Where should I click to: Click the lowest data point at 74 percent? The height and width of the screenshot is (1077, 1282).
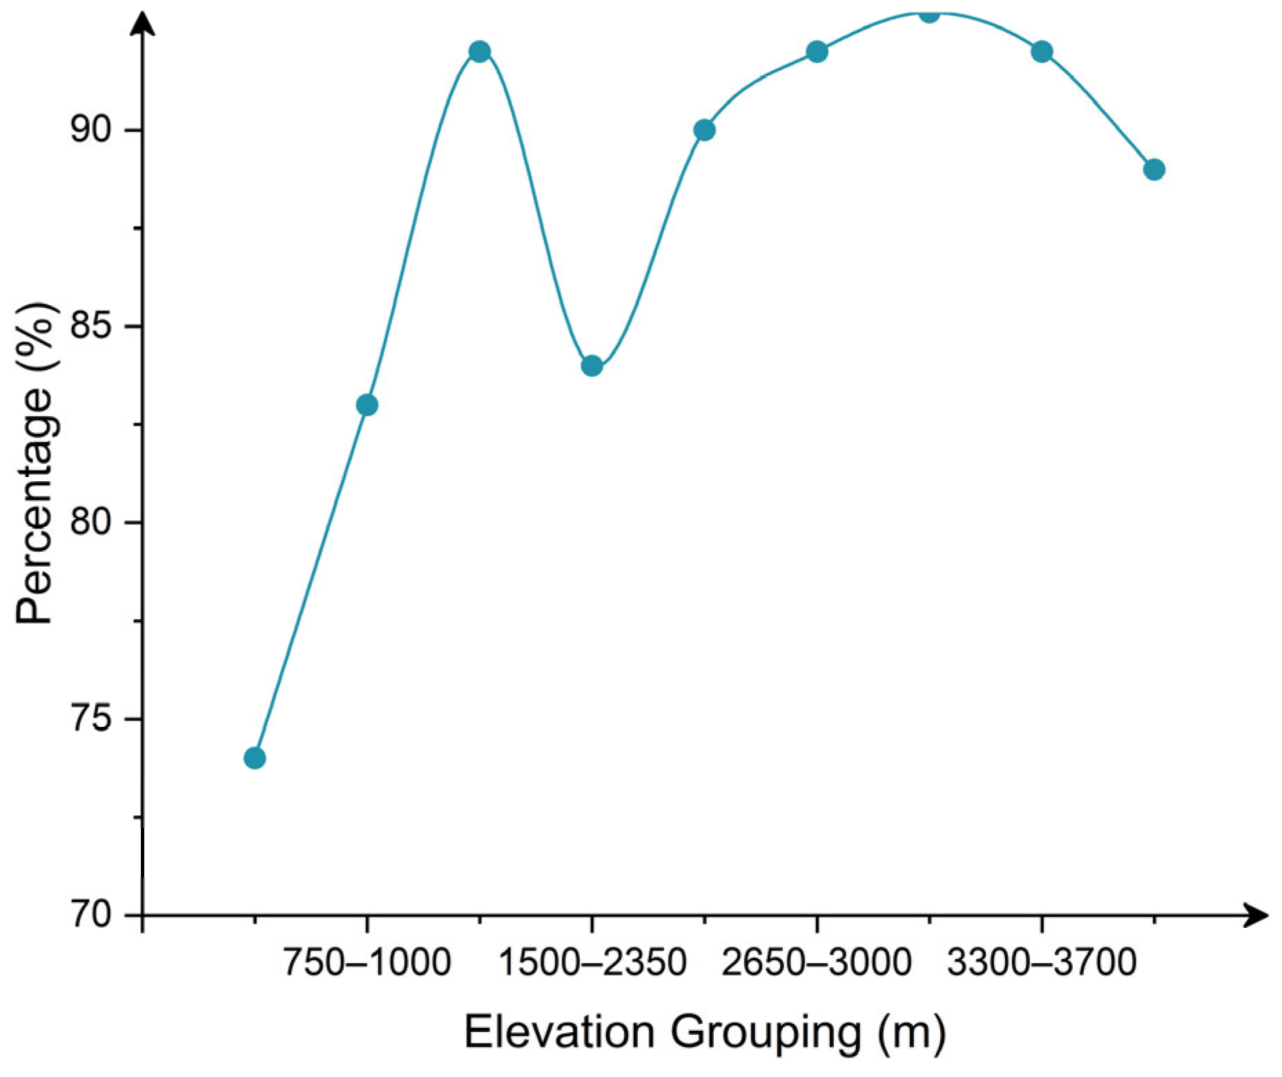coord(255,758)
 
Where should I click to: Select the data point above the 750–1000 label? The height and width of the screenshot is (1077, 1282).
coord(367,405)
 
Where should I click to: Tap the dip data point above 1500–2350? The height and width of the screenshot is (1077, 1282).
coord(592,366)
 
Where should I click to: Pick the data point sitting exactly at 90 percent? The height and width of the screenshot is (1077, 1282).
coord(704,130)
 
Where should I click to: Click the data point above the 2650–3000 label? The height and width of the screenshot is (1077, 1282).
coord(817,52)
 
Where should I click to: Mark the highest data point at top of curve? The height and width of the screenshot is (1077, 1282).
coord(929,14)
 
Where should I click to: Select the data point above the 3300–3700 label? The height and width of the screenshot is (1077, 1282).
coord(1042,52)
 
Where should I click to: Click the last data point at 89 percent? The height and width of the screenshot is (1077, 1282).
coord(1154,169)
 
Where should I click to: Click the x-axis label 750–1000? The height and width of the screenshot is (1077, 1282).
coord(367,962)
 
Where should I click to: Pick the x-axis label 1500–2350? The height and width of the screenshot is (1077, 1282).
coord(592,962)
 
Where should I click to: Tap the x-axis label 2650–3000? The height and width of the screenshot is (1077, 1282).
coord(817,962)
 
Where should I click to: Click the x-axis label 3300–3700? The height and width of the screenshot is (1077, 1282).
coord(1042,962)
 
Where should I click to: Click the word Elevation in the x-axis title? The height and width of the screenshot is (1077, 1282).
coord(559,1033)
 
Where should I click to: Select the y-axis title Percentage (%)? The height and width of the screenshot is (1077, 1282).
coord(35,463)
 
